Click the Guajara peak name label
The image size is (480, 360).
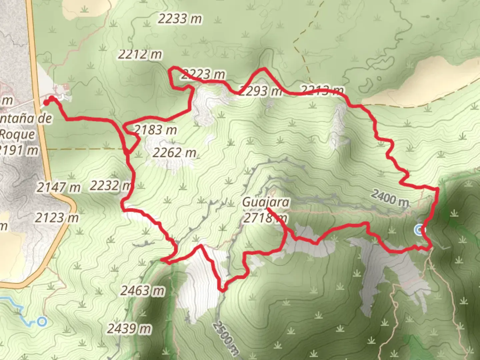(266, 202)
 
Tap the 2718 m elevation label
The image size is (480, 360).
(265, 218)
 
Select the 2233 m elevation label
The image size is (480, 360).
(180, 19)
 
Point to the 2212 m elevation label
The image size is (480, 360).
(140, 54)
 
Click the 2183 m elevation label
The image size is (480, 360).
(155, 130)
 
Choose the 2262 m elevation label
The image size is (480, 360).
(174, 153)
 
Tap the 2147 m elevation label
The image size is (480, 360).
(58, 187)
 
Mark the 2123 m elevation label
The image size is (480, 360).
(57, 218)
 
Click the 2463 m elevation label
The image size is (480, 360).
(142, 291)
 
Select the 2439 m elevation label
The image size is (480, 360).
(129, 329)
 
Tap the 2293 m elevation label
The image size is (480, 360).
(260, 91)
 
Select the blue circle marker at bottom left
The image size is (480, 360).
(42, 322)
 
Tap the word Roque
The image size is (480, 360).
(17, 134)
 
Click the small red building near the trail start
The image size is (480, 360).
(65, 87)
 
